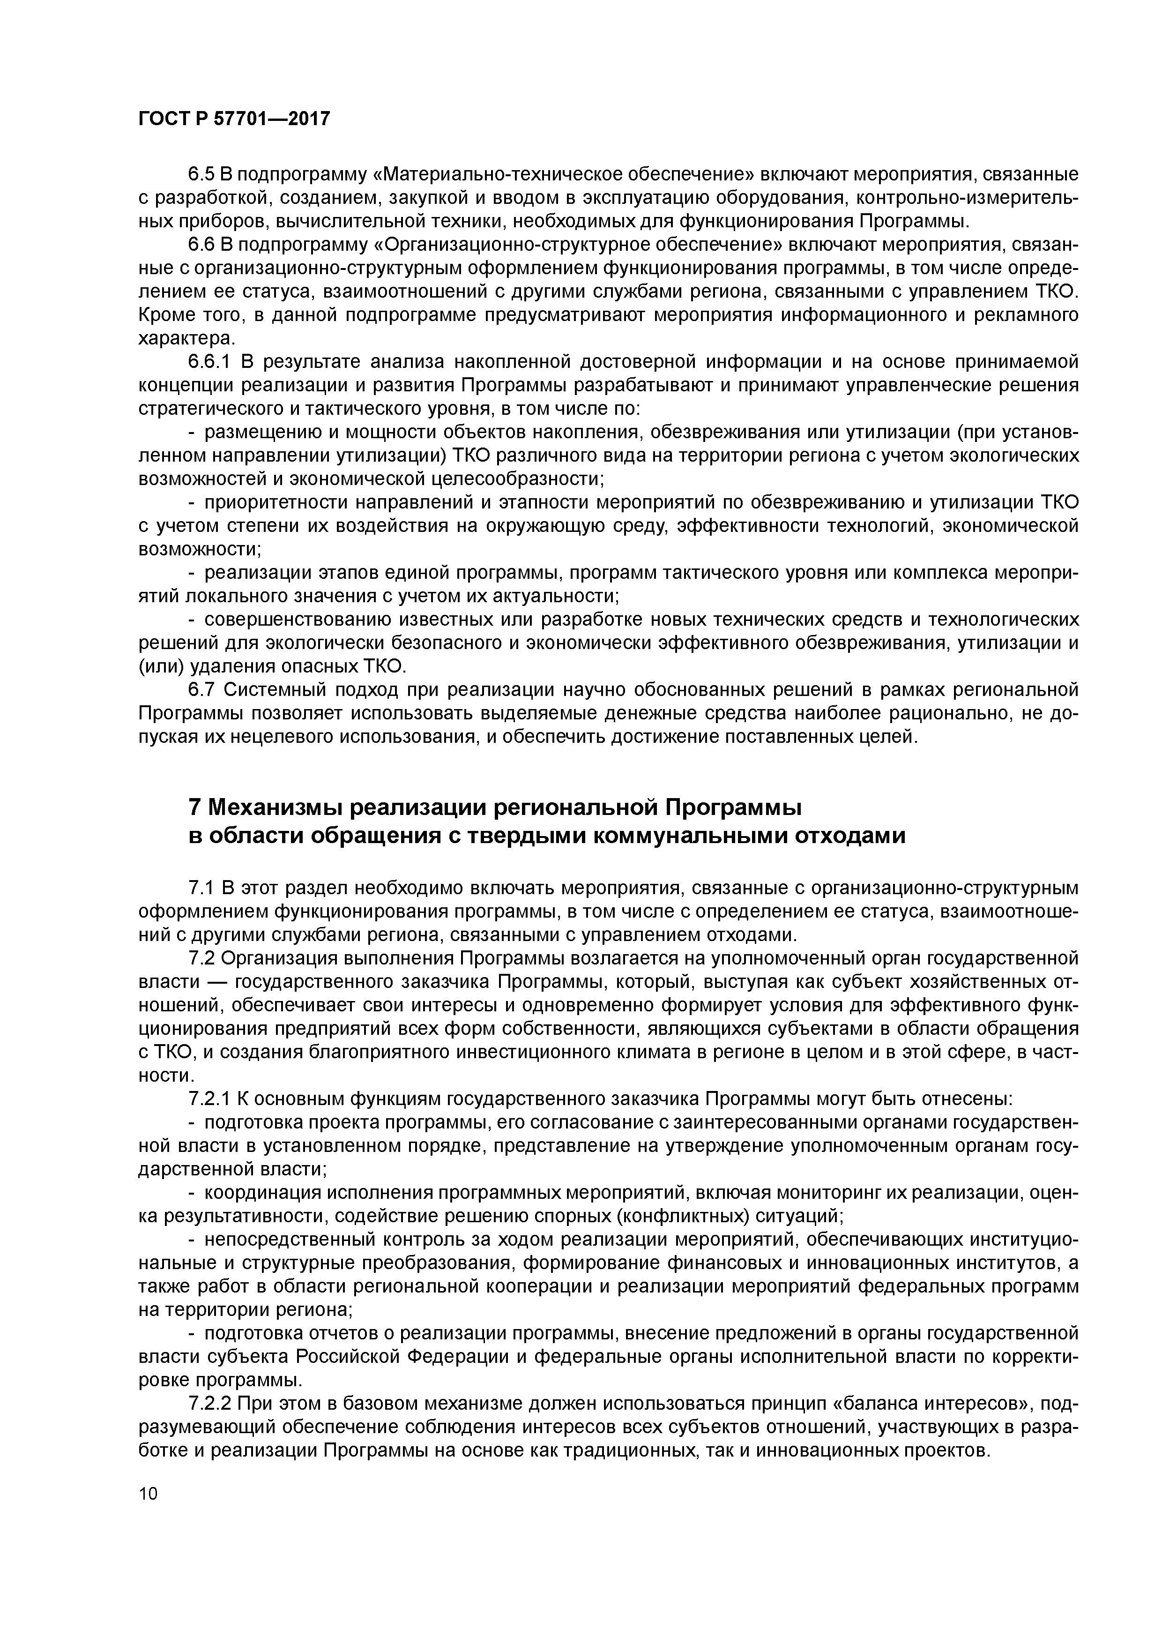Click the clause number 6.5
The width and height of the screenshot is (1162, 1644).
pyautogui.click(x=201, y=174)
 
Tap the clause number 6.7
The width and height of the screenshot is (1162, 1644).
pyautogui.click(x=201, y=689)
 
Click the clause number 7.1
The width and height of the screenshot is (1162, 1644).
pyautogui.click(x=201, y=889)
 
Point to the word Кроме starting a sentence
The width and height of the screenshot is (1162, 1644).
pyautogui.click(x=166, y=315)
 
